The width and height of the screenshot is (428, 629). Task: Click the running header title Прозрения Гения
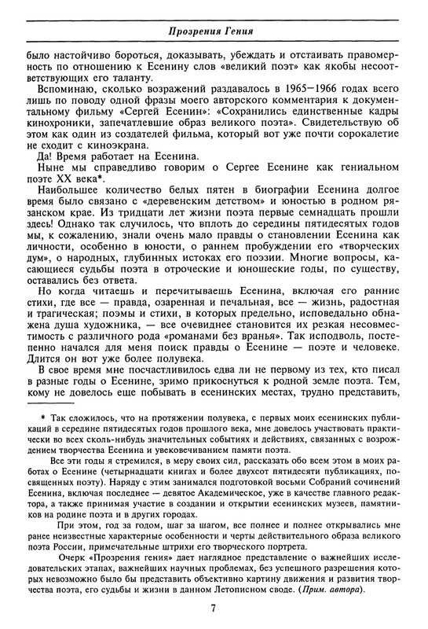[x=214, y=31]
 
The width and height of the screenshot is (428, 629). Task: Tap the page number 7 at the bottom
[x=214, y=607]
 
